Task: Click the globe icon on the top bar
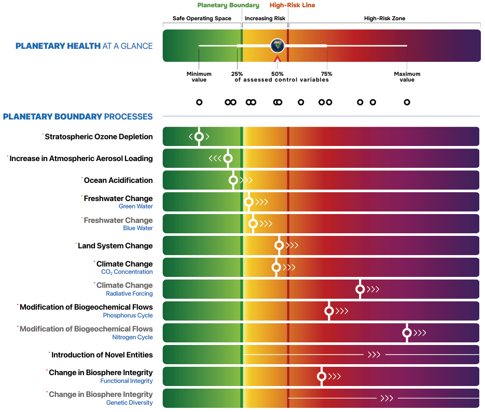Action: (278, 46)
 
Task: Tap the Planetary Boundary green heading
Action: (228, 5)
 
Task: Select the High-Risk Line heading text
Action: (292, 5)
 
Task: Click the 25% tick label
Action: (237, 74)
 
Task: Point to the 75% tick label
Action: (326, 74)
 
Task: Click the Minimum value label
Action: (199, 77)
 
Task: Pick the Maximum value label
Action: (407, 77)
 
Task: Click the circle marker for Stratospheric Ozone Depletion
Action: (199, 137)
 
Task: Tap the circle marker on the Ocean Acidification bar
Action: (233, 180)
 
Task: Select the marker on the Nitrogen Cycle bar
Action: (407, 333)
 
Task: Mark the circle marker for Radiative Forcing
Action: (360, 289)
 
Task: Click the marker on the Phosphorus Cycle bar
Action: (328, 311)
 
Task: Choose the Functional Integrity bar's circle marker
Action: (322, 376)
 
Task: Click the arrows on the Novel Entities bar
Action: (374, 355)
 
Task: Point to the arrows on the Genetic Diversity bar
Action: (386, 398)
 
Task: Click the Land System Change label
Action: (115, 246)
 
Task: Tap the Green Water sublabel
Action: (136, 206)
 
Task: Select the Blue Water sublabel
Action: (138, 228)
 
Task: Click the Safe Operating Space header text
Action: (202, 19)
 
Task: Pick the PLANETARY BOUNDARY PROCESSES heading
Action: (78, 116)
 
